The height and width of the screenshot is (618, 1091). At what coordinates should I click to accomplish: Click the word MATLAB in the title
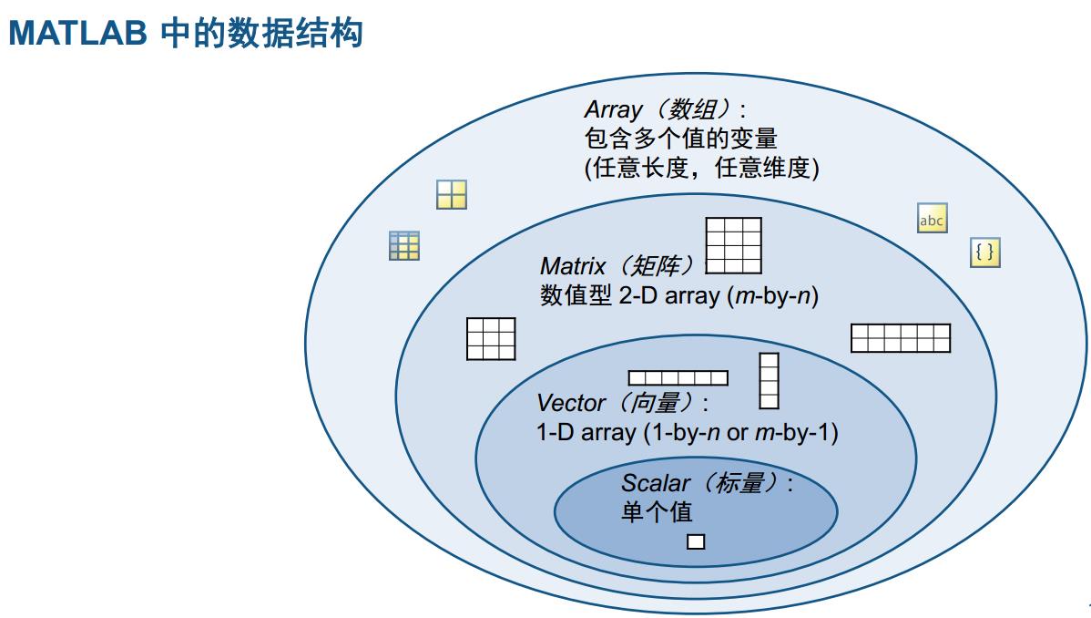(x=77, y=34)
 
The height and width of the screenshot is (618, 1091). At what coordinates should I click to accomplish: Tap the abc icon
(x=932, y=220)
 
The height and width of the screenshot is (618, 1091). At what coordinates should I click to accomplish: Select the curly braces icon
(x=984, y=252)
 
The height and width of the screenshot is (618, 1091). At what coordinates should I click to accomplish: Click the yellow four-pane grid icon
(x=452, y=194)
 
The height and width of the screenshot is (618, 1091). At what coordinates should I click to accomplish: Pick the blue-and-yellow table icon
(x=404, y=245)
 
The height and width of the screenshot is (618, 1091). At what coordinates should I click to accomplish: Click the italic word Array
(x=613, y=110)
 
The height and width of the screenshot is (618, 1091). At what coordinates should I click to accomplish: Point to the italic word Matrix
(x=573, y=266)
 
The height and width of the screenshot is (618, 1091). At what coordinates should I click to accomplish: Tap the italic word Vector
(x=571, y=403)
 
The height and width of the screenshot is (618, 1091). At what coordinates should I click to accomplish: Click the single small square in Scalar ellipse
(x=696, y=541)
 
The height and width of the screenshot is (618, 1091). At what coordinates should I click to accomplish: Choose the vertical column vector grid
(x=770, y=380)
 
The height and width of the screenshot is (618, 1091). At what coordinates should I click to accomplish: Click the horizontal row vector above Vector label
(x=678, y=377)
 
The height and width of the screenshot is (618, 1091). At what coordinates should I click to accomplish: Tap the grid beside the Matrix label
(x=733, y=245)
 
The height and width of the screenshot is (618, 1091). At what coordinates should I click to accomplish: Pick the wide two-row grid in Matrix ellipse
(x=900, y=338)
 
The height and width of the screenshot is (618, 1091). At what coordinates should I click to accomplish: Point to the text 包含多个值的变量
(x=680, y=139)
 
